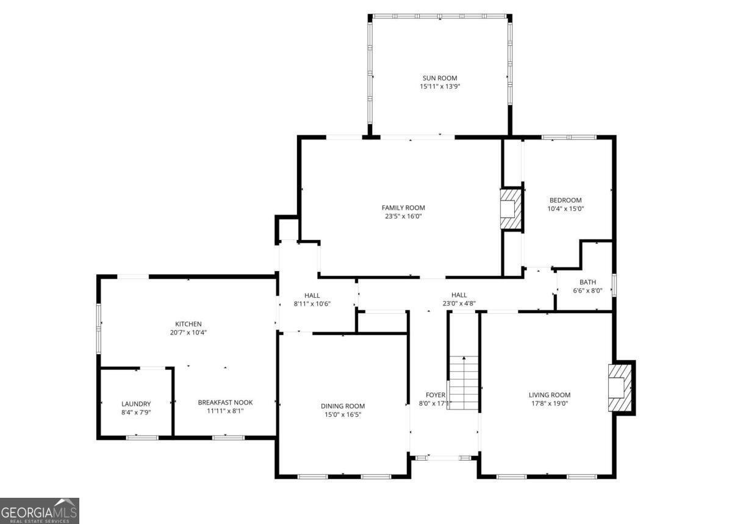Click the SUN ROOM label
click(440, 78)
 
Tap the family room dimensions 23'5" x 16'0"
click(403, 216)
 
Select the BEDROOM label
click(565, 200)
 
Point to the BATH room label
click(587, 282)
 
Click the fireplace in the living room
click(620, 388)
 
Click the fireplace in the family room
click(511, 209)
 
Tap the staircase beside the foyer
click(464, 383)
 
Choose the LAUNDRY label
click(136, 404)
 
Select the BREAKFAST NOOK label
click(225, 402)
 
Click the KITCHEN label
click(188, 324)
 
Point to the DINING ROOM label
click(342, 406)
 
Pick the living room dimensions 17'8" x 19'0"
click(550, 403)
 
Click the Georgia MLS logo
click(40, 511)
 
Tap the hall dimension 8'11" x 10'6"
click(312, 303)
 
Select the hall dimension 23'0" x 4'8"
click(459, 303)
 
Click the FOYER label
click(436, 395)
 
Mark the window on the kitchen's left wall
click(98, 328)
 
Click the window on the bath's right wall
click(614, 285)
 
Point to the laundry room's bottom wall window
click(142, 438)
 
